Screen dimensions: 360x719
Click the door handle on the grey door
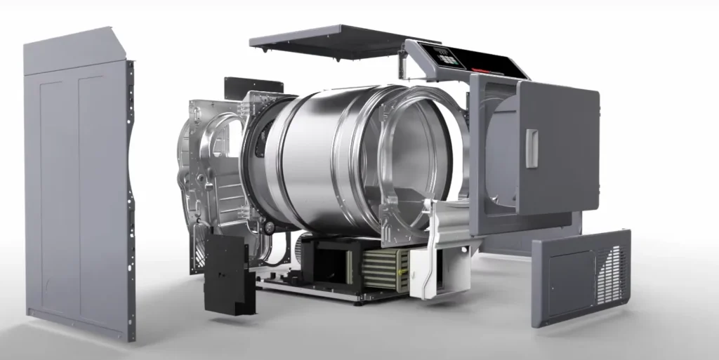click(532, 148)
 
